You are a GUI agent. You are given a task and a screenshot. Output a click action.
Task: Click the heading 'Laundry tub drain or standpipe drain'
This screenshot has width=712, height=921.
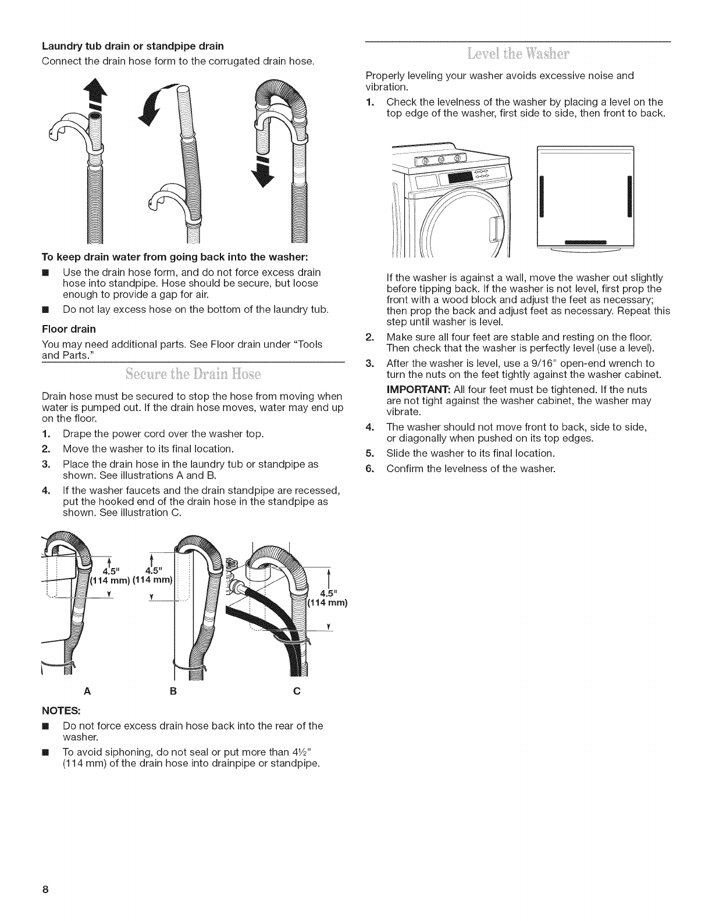pyautogui.click(x=133, y=45)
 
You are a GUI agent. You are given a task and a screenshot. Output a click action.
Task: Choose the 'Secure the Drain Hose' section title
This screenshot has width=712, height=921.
pyautogui.click(x=193, y=373)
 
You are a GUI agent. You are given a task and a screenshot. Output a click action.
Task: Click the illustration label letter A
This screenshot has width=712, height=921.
pyautogui.click(x=87, y=691)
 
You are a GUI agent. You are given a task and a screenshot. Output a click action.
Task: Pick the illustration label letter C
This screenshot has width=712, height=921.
pyautogui.click(x=296, y=691)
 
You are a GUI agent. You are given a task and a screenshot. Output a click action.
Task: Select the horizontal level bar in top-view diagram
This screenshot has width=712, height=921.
pyautogui.click(x=586, y=242)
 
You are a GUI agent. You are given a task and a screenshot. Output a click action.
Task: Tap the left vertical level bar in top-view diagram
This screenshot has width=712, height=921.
pyautogui.click(x=540, y=195)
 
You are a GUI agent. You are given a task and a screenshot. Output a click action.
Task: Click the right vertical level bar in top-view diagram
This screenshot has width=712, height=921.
pyautogui.click(x=629, y=195)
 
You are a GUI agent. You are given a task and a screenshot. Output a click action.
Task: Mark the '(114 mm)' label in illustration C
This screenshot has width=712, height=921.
pyautogui.click(x=327, y=603)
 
